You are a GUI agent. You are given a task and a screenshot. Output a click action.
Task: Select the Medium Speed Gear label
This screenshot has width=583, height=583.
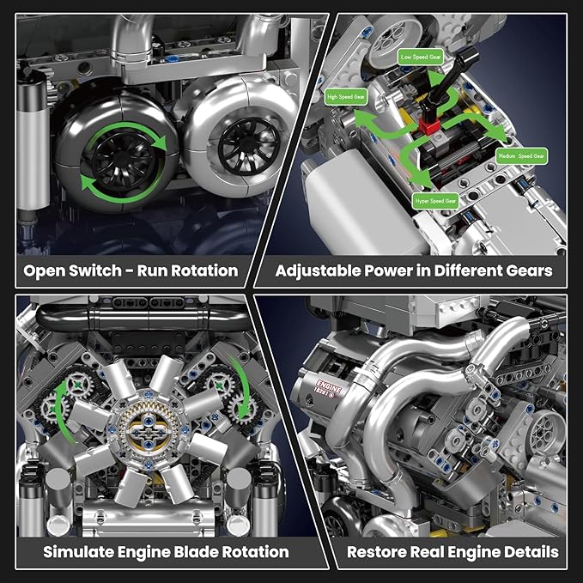tap(521, 156)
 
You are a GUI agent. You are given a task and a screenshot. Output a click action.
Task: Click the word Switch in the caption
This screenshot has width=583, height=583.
tap(100, 270)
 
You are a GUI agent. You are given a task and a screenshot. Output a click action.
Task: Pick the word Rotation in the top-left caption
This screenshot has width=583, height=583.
tap(199, 270)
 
